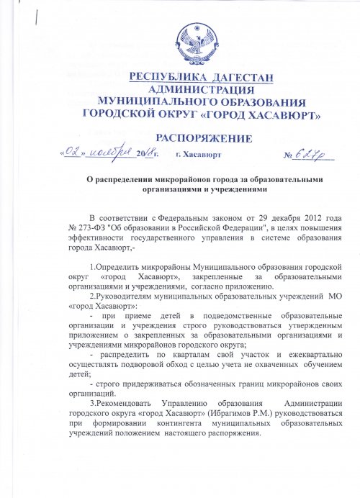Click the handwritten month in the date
coord(112,152)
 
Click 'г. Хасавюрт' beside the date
coord(198,155)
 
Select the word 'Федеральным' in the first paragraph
coord(186,217)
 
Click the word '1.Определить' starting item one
coord(117,268)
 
